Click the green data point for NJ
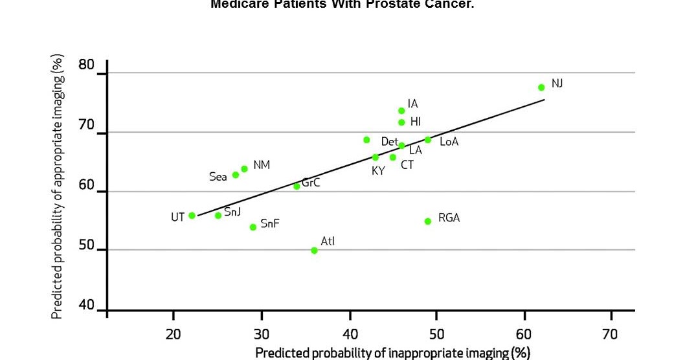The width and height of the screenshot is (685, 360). pyautogui.click(x=541, y=87)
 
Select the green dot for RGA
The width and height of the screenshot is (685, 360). pyautogui.click(x=427, y=221)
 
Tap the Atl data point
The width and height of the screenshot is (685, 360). pyautogui.click(x=314, y=251)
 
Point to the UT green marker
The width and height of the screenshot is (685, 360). pyautogui.click(x=192, y=216)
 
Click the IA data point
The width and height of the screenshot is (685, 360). pyautogui.click(x=401, y=111)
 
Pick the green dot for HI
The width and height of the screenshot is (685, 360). pyautogui.click(x=401, y=122)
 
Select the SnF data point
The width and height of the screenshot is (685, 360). pyautogui.click(x=253, y=227)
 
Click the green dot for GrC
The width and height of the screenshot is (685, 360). pyautogui.click(x=297, y=186)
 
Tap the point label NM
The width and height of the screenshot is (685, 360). pyautogui.click(x=262, y=165)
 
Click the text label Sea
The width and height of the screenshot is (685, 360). pyautogui.click(x=218, y=176)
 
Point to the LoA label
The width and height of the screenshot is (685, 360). pyautogui.click(x=449, y=142)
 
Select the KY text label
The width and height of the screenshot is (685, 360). pyautogui.click(x=378, y=172)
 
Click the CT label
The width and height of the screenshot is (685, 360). pyautogui.click(x=407, y=165)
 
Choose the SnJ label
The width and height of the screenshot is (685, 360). pyautogui.click(x=232, y=212)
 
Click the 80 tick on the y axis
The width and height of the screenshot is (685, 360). pyautogui.click(x=86, y=65)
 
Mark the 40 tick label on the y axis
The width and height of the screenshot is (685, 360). pyautogui.click(x=86, y=305)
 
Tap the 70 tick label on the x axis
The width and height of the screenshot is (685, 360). pyautogui.click(x=610, y=334)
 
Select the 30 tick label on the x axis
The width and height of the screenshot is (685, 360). pyautogui.click(x=261, y=334)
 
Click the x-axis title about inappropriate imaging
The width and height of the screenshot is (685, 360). pyautogui.click(x=392, y=352)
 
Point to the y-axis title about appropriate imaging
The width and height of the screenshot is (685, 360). pyautogui.click(x=58, y=186)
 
